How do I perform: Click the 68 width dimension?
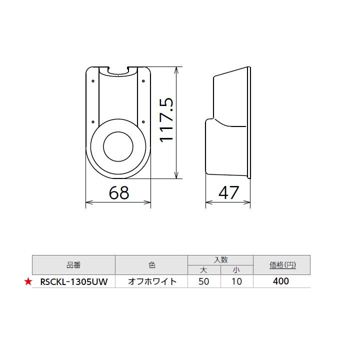point(119,192)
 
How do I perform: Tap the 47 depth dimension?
point(228,192)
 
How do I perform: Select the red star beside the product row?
point(28,281)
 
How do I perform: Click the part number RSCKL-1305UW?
point(73,281)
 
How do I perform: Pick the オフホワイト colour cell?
point(152,281)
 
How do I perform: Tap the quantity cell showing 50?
point(203,281)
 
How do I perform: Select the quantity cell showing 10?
point(236,281)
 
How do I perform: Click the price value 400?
point(281,281)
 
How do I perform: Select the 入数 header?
point(220,260)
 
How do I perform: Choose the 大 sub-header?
point(203,270)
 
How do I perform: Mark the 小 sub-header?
point(236,270)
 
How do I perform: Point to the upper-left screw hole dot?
point(93,79)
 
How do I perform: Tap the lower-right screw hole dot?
point(143,120)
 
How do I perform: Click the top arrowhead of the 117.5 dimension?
point(175,69)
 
